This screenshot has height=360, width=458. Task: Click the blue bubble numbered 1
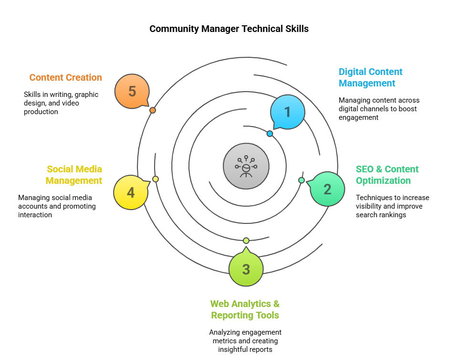287,112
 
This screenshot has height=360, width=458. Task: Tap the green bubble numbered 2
327,189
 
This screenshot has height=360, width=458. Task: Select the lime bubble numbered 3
246,269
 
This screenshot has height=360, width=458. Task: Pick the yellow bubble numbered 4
131,193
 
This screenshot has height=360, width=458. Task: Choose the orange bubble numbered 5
132,91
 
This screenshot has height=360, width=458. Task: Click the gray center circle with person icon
246,166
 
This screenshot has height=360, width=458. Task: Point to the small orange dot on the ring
153,110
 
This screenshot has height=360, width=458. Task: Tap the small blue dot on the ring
270,134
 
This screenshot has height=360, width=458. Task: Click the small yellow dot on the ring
156,179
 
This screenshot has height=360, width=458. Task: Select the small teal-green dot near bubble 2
302,180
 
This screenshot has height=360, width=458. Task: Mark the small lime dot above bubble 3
246,240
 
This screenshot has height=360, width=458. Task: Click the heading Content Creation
65,77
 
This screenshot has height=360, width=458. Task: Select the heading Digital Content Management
370,77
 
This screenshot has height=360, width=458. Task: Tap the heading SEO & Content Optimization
387,175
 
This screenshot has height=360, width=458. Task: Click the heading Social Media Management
74,175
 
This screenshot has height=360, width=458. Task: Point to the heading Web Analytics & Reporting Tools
245,309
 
